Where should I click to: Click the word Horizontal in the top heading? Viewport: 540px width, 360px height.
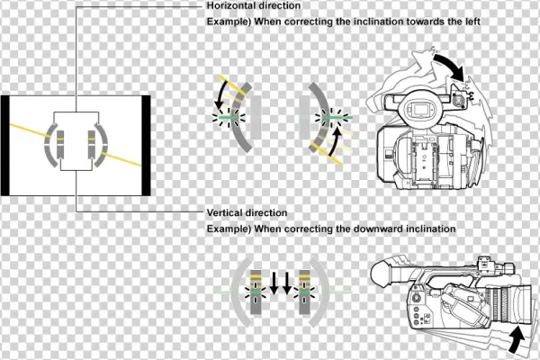pos(229,5)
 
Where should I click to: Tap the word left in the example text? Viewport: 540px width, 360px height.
pos(472,22)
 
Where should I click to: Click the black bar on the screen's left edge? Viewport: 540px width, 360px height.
pos(4,146)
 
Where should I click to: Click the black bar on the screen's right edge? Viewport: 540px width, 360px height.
pos(146,146)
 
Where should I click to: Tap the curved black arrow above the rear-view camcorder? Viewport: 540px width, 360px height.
pos(450,67)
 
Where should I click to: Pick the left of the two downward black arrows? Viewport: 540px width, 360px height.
pos(274,283)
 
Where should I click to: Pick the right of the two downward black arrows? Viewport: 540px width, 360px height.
pos(287,283)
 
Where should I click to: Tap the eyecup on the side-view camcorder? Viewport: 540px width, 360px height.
pos(382,274)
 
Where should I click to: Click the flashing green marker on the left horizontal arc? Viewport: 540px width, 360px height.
pos(229,118)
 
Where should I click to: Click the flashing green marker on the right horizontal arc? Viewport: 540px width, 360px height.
pos(332,118)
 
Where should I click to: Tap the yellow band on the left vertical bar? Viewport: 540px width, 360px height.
pos(256,276)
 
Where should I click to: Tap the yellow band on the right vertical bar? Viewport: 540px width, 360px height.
pos(304,276)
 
